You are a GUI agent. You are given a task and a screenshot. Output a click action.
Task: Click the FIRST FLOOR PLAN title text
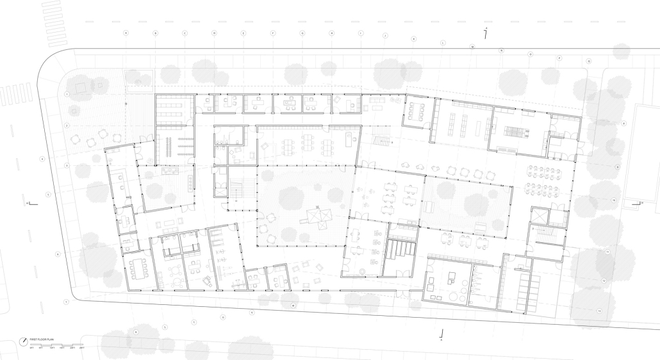click(41, 339)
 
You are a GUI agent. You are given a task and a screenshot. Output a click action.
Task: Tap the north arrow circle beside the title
click(24, 340)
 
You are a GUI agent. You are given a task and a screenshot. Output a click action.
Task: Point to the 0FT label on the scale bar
click(31, 348)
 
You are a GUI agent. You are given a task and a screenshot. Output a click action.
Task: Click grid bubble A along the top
click(126, 33)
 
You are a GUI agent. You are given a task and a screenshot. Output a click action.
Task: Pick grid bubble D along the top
click(214, 33)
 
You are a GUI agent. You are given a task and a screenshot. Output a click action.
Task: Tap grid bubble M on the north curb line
click(472, 47)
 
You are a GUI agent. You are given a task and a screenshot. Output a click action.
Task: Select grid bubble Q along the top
click(589, 61)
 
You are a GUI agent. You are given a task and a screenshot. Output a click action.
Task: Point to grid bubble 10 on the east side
click(614, 200)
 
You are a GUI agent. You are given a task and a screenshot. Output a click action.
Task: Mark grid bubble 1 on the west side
click(67, 94)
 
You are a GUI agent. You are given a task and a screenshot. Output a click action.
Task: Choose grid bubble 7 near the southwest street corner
click(66, 301)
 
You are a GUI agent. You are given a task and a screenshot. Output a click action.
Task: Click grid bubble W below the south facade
click(293, 306)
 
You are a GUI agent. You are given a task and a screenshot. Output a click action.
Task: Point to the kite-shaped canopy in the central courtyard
click(318, 217)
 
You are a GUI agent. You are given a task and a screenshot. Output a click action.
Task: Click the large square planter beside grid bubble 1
click(83, 85)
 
